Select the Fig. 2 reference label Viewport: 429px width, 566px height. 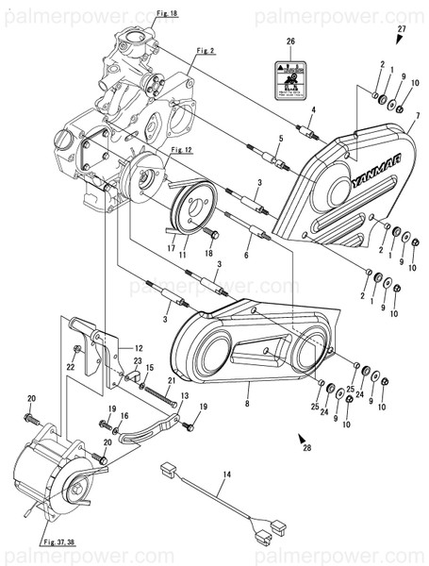click(206, 49)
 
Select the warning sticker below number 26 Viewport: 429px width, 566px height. click(290, 80)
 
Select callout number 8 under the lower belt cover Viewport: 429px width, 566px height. click(246, 404)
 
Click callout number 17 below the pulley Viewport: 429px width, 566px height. click(172, 249)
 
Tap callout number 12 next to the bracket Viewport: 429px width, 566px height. click(138, 347)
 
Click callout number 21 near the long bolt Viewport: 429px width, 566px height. click(172, 381)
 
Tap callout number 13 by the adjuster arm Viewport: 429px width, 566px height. click(185, 395)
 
